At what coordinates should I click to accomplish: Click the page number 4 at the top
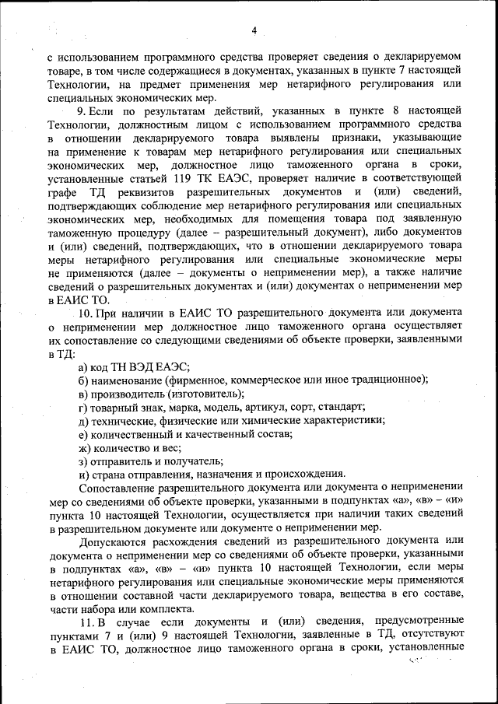click(x=253, y=30)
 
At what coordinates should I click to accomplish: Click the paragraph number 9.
click(x=82, y=111)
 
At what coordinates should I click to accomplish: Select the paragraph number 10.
click(x=86, y=312)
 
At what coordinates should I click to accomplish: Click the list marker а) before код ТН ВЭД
click(x=82, y=367)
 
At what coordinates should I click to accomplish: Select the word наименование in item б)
click(x=127, y=380)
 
